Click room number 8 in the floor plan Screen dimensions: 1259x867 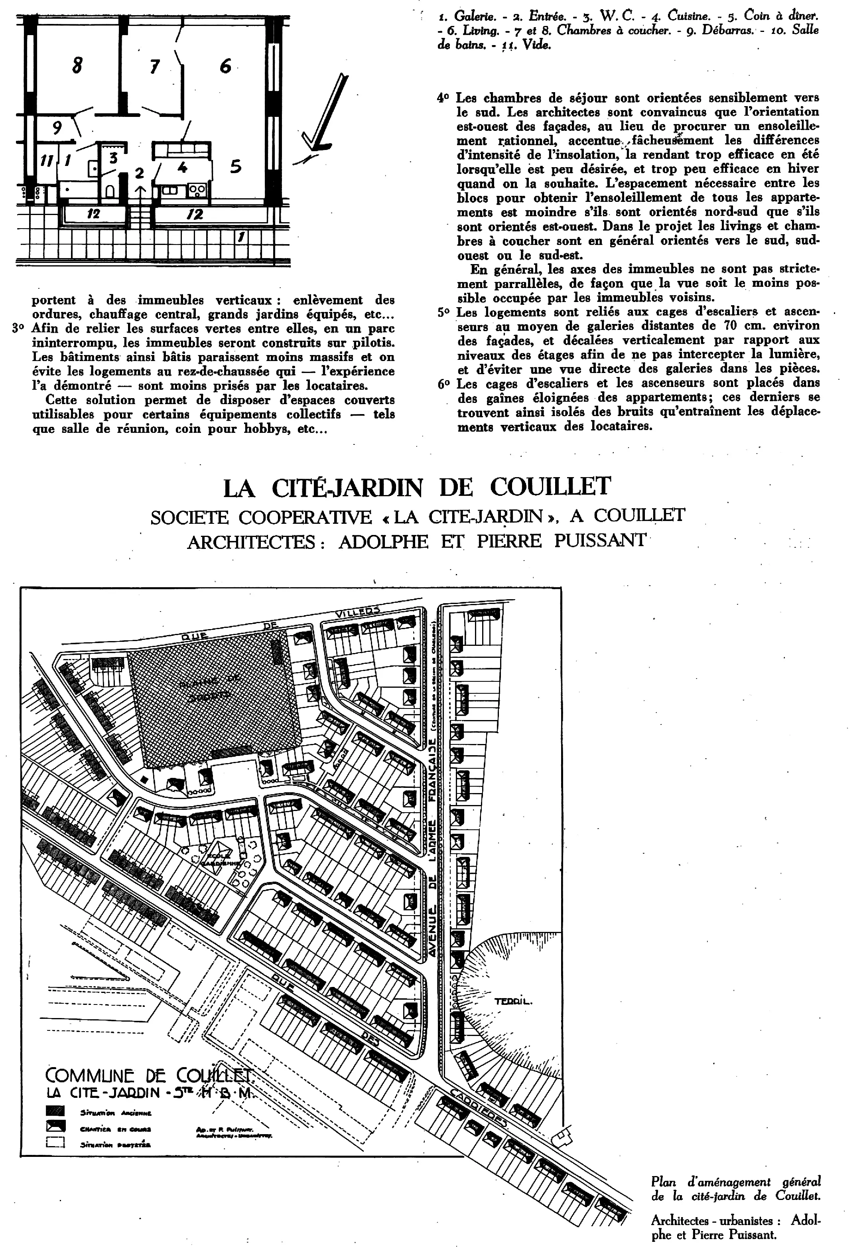[77, 66]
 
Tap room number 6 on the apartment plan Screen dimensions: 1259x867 [225, 66]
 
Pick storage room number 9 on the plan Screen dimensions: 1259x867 [57, 128]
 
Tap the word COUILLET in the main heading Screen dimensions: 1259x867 [550, 487]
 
